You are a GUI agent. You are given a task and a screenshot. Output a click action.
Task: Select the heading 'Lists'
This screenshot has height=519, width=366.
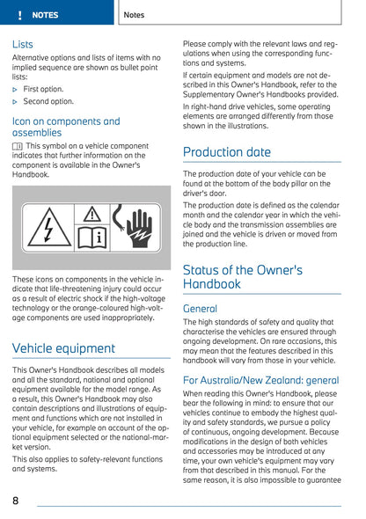[23, 44]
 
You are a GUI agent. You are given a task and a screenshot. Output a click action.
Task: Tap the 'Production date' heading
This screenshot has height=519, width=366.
[226, 152]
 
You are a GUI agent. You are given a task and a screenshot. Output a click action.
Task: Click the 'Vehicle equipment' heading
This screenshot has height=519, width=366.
[63, 348]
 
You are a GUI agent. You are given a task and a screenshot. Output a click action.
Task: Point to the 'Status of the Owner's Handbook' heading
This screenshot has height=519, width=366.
[242, 277]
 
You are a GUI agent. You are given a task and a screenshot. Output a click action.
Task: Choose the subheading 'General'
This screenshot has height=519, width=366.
[200, 310]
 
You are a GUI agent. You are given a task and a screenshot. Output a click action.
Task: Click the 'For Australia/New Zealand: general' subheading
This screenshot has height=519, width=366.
[260, 380]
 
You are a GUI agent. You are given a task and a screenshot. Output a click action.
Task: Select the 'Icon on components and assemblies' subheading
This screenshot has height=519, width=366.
[66, 127]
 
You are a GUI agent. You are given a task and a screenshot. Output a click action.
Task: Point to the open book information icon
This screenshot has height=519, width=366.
[91, 236]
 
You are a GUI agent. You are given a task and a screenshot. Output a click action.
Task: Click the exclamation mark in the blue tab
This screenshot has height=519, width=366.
[18, 15]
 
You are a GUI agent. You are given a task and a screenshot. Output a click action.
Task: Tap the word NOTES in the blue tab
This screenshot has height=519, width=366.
[45, 15]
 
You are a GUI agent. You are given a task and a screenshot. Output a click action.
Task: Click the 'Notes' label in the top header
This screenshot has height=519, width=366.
[135, 15]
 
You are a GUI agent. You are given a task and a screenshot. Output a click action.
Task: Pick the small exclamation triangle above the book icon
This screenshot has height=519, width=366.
[91, 214]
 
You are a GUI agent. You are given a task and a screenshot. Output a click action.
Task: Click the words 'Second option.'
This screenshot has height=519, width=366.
[49, 102]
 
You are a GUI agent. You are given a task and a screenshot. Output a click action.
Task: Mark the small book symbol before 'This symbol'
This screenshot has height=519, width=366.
[18, 146]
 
